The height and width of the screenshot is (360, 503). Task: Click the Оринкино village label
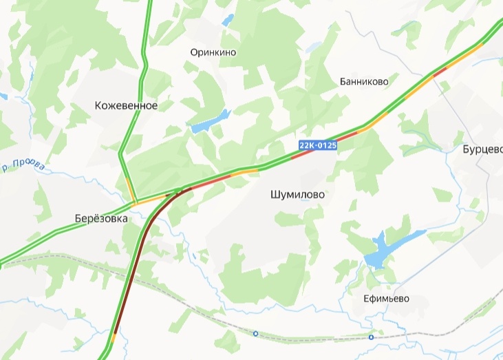click(213, 52)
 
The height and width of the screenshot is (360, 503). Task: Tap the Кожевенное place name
click(126, 106)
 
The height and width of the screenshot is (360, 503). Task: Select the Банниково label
click(364, 81)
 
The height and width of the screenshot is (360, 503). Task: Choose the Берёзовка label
click(101, 218)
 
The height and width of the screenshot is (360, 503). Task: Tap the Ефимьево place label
click(387, 299)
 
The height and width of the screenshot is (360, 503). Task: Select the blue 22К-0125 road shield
click(318, 145)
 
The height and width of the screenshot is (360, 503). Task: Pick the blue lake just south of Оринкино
click(209, 122)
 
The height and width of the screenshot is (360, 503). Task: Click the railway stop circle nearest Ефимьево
click(371, 337)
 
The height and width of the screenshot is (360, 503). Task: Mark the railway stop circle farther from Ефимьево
click(255, 334)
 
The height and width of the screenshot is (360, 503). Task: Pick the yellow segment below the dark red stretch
click(113, 337)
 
